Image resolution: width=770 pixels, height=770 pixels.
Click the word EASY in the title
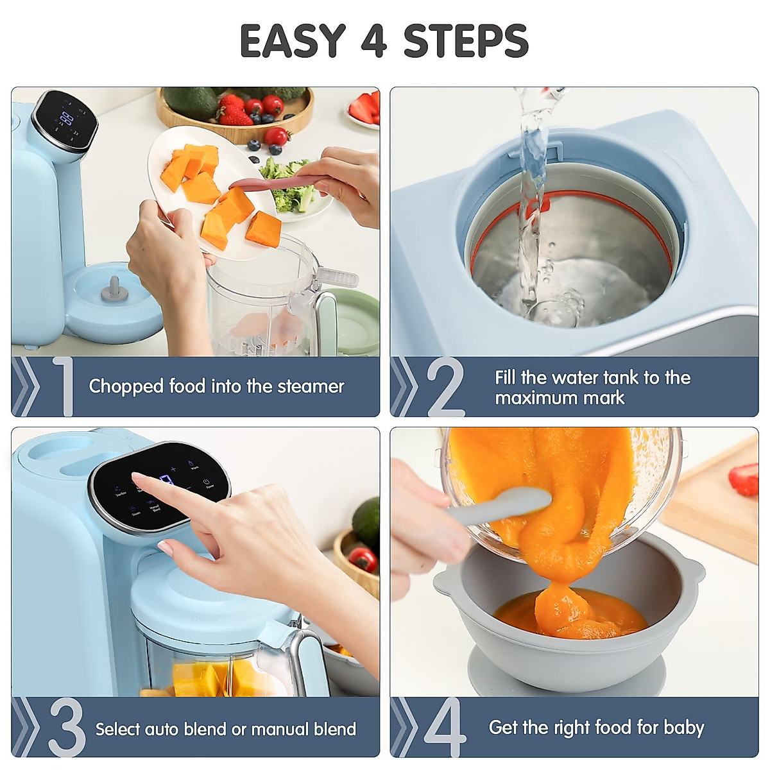[293, 41]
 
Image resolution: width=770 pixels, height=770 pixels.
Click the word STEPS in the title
[465, 41]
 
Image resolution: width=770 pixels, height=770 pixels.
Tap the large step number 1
[64, 386]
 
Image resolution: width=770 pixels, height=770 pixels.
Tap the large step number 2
[445, 387]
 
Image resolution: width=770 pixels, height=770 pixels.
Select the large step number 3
[66, 727]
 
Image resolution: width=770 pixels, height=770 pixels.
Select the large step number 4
[445, 727]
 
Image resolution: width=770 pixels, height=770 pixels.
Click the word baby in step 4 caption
[684, 728]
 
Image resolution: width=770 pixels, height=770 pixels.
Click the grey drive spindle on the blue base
[114, 289]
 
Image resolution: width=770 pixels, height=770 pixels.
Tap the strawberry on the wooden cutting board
[745, 479]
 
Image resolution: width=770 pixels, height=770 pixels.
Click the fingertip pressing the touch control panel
[136, 477]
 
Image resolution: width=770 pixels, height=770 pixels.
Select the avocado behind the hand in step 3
[368, 521]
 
